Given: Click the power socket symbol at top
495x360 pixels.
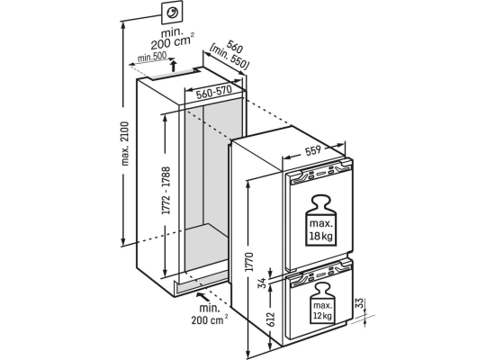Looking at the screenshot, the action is tap(172, 13).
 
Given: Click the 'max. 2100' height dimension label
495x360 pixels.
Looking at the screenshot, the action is tap(125, 143).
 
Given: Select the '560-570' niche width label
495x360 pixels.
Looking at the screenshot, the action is tap(213, 92).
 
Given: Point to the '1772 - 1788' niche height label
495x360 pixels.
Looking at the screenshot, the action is tap(166, 191).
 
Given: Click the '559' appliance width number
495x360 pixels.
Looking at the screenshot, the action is tap(313, 151).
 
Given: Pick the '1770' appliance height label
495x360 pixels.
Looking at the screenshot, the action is tap(249, 262).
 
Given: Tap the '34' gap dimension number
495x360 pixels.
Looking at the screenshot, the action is tap(262, 283).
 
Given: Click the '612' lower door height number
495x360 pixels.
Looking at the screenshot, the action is tap(271, 319).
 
